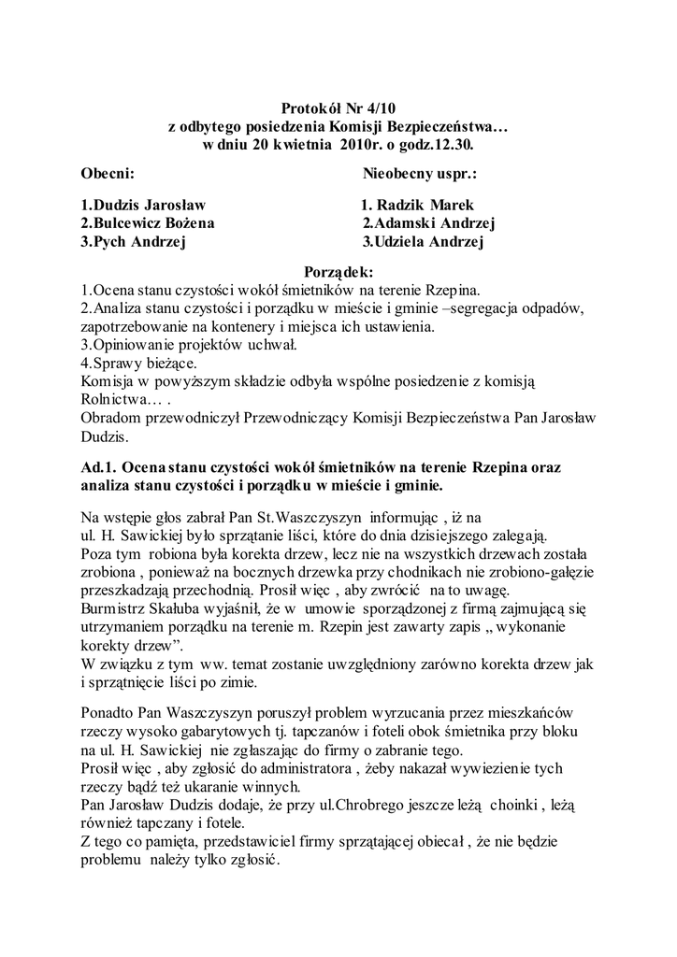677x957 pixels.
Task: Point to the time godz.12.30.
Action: click(x=439, y=146)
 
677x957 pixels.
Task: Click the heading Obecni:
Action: click(x=108, y=175)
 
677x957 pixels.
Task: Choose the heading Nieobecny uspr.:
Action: click(x=420, y=175)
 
